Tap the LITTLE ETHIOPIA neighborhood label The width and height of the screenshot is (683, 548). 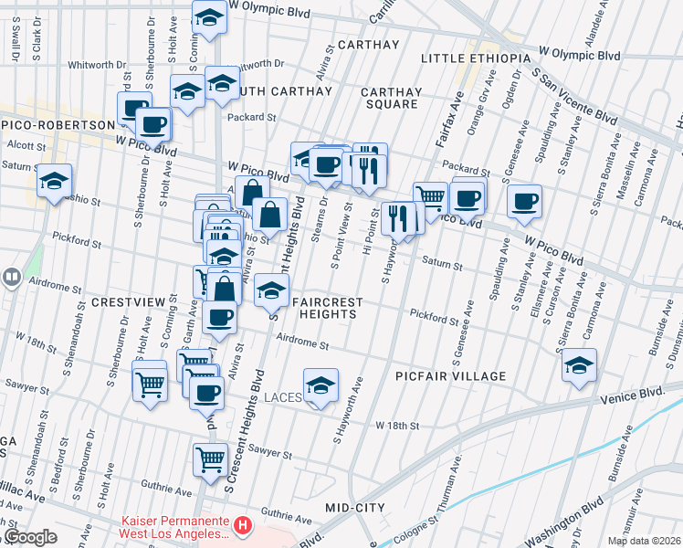coord(476,58)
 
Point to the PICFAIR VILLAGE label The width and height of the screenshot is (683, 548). coord(451,375)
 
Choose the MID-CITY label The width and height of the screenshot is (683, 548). coord(355,507)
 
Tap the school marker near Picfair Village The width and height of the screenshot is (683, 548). coord(579,366)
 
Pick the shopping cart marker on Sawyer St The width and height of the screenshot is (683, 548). coord(210,459)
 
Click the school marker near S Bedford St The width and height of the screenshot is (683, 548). coord(54,181)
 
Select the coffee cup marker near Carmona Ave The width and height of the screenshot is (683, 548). coord(524,201)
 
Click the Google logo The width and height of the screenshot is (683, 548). coord(29,537)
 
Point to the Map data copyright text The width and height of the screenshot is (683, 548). coord(643,541)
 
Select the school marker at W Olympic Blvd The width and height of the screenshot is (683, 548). coord(210,17)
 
